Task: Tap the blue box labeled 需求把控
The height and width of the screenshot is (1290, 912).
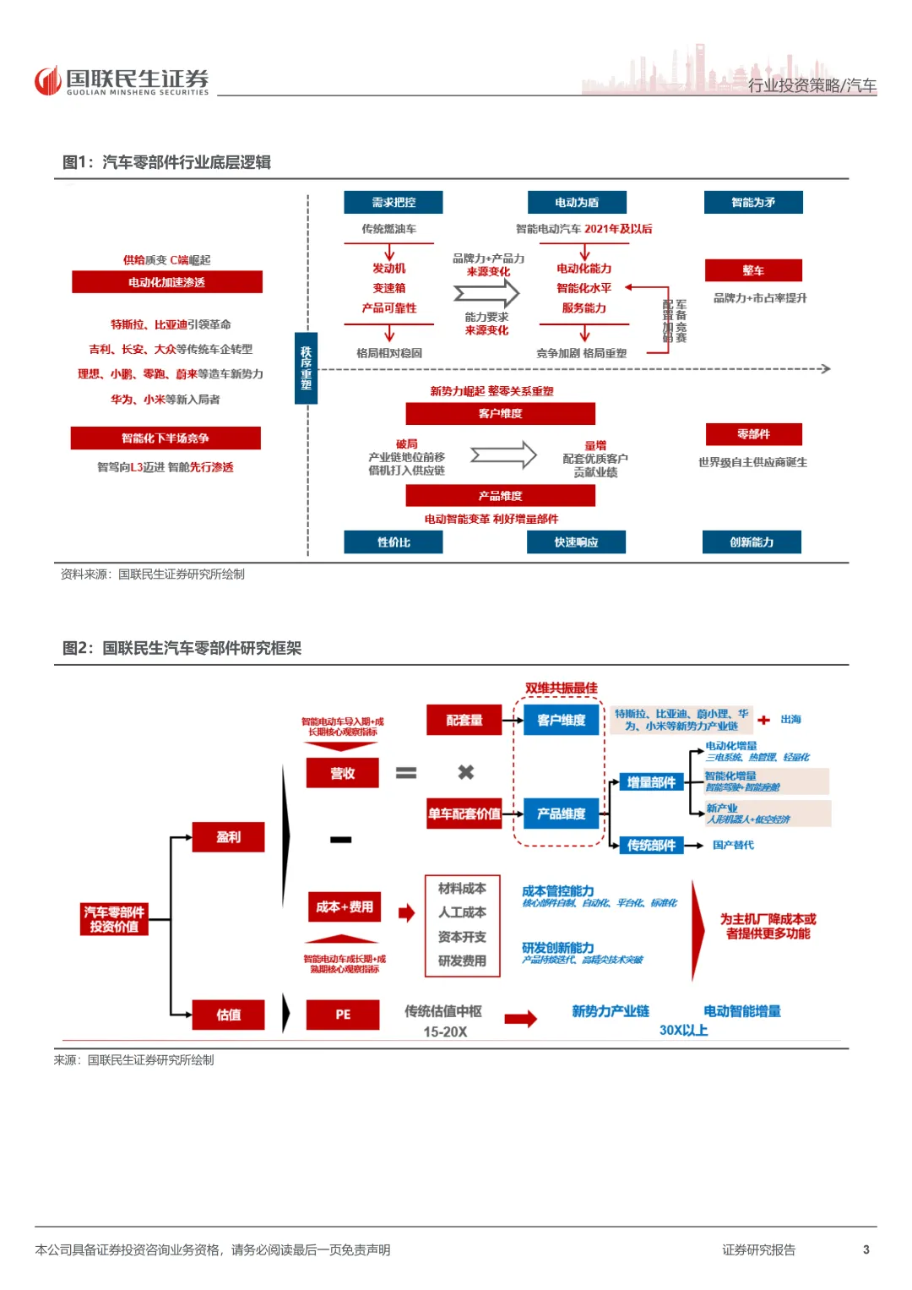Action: pyautogui.click(x=393, y=203)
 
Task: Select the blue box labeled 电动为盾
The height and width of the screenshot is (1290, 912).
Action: pyautogui.click(x=577, y=203)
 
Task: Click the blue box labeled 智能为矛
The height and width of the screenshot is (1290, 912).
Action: pyautogui.click(x=753, y=203)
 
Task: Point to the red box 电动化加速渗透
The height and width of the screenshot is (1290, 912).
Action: pyautogui.click(x=167, y=282)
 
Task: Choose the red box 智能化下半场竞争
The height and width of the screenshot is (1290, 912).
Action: pyautogui.click(x=166, y=438)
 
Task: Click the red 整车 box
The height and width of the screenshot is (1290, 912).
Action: pyautogui.click(x=753, y=270)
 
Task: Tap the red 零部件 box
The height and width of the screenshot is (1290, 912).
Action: pyautogui.click(x=753, y=434)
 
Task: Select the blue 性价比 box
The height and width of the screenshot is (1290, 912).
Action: pyautogui.click(x=393, y=542)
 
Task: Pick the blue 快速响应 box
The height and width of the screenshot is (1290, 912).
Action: pyautogui.click(x=576, y=542)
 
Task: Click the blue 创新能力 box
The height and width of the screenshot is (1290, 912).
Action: pyautogui.click(x=752, y=542)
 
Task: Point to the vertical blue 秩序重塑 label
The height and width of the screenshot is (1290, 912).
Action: pyautogui.click(x=306, y=368)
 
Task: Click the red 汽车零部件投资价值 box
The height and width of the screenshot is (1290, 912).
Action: pyautogui.click(x=114, y=919)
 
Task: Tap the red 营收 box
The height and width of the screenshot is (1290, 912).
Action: pyautogui.click(x=342, y=773)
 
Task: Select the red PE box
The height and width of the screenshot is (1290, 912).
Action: pyautogui.click(x=342, y=1015)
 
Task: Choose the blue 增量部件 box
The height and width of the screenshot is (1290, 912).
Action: pyautogui.click(x=651, y=782)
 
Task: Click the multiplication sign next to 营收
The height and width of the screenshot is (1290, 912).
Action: pyautogui.click(x=465, y=772)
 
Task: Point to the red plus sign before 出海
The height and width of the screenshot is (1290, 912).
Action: pyautogui.click(x=763, y=720)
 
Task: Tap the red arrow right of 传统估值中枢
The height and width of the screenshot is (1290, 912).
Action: pyautogui.click(x=520, y=1019)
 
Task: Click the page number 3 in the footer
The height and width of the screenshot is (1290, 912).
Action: pyautogui.click(x=866, y=1249)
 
